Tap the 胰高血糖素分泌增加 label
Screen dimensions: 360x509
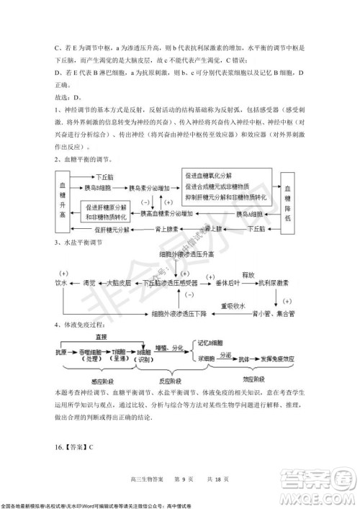coord(167,214)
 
